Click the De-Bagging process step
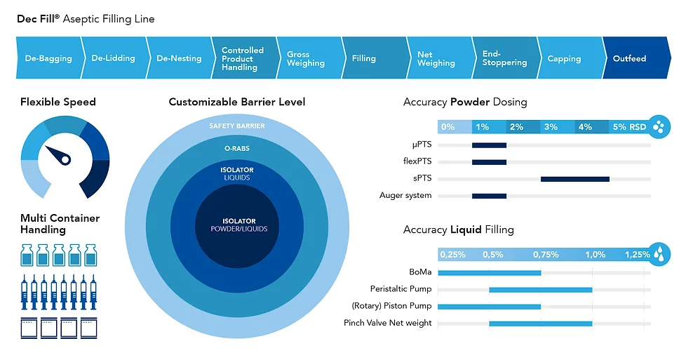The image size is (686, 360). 48,58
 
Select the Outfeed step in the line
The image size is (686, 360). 629,58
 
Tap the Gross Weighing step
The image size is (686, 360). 306,58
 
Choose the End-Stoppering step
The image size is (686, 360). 504,58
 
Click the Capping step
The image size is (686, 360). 564,58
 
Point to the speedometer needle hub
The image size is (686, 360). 65,159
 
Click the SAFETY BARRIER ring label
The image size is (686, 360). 237,126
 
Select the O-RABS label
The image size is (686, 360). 237,148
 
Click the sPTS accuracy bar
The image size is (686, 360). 574,179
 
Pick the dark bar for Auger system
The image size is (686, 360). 489,196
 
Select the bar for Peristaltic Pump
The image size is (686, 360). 540,289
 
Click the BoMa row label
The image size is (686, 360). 420,272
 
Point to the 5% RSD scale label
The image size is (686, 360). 629,127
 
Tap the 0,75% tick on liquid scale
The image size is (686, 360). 546,254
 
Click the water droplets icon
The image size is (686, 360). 659,253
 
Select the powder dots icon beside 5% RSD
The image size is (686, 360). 659,126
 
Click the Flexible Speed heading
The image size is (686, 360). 58,102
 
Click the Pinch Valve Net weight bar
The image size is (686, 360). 540,324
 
